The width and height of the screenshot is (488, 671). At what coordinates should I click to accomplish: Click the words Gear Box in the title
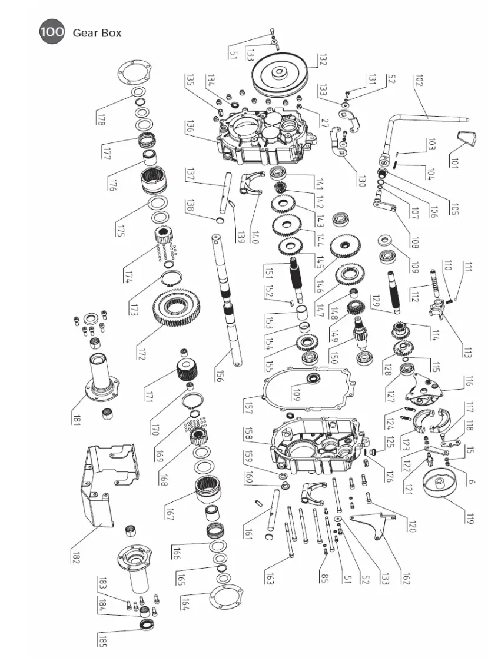coord(97,33)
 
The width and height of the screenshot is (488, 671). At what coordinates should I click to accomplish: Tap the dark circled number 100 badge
coord(52,32)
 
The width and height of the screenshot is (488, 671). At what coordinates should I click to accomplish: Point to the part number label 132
coord(322,59)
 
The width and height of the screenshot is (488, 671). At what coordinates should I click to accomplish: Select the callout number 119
coord(468,519)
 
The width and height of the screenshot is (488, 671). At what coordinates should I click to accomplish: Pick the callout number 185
coord(102,640)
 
